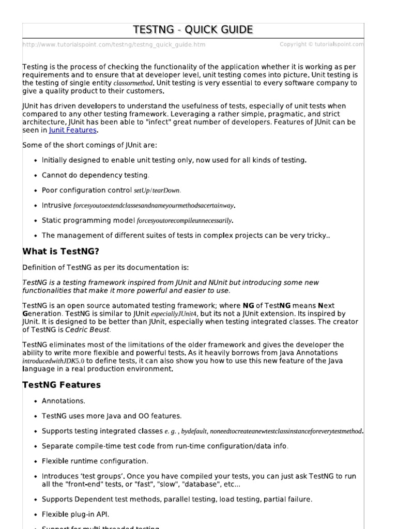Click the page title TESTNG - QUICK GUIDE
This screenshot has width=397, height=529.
point(193,30)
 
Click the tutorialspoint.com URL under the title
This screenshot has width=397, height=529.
point(114,45)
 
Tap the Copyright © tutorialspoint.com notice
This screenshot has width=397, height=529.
point(322,44)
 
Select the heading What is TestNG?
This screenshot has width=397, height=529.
point(60,252)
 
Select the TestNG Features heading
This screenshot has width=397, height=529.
point(62,385)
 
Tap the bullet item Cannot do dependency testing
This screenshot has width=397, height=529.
point(96,175)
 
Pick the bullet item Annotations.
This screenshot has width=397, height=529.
point(64,401)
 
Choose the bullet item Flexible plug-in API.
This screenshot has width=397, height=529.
point(75,514)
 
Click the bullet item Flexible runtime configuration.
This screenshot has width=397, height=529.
point(95,461)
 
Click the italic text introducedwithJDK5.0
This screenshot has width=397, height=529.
point(53,361)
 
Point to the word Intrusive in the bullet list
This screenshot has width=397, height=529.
point(56,205)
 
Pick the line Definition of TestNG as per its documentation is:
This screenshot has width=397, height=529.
point(106,268)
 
